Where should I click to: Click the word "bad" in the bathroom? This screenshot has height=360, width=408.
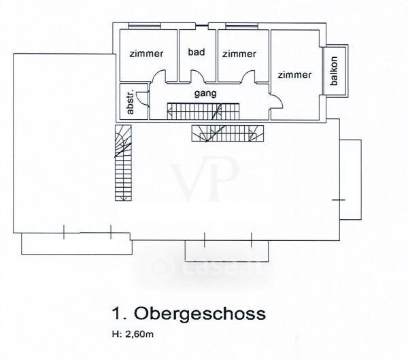(x=197, y=52)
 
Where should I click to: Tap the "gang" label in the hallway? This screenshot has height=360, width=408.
(x=205, y=93)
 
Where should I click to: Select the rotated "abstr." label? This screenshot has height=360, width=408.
(x=131, y=102)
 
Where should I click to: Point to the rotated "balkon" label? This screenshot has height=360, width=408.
(x=334, y=71)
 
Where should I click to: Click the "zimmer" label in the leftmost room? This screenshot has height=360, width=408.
(x=146, y=54)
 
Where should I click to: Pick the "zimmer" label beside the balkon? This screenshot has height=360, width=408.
(x=294, y=75)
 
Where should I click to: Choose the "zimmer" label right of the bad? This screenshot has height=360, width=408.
(x=239, y=54)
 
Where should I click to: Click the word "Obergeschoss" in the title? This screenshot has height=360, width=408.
(x=199, y=313)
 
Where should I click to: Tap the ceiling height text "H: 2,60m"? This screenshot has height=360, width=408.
(x=133, y=334)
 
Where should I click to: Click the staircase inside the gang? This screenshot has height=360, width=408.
(x=203, y=111)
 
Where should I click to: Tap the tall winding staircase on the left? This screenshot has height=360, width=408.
(x=123, y=163)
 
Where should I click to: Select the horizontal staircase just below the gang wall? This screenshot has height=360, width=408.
(x=228, y=133)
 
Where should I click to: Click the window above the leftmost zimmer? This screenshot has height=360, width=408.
(x=144, y=26)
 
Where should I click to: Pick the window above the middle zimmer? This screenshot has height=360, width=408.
(x=241, y=26)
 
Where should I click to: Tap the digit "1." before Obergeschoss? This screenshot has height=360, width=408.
(x=118, y=314)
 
